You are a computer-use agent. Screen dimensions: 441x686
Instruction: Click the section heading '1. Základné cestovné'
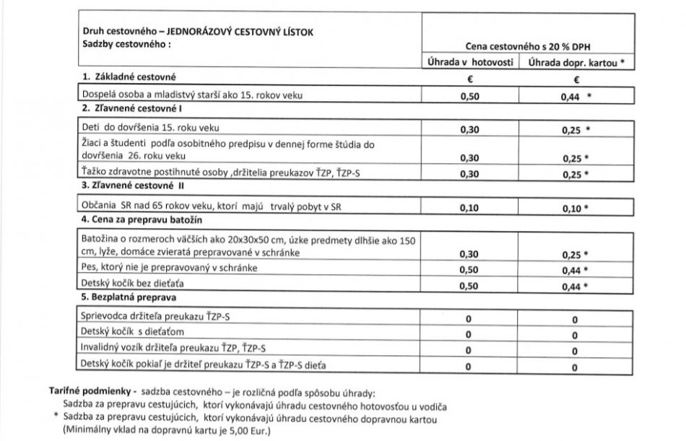coord(129,77)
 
